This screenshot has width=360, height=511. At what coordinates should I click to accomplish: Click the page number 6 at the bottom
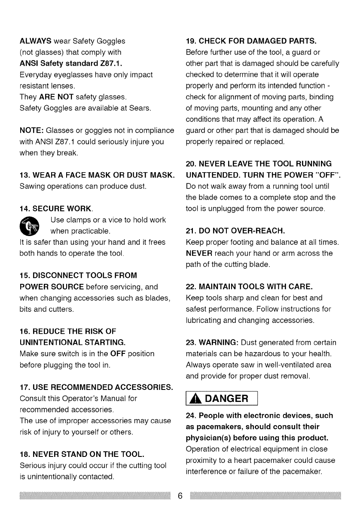coord(180,496)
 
